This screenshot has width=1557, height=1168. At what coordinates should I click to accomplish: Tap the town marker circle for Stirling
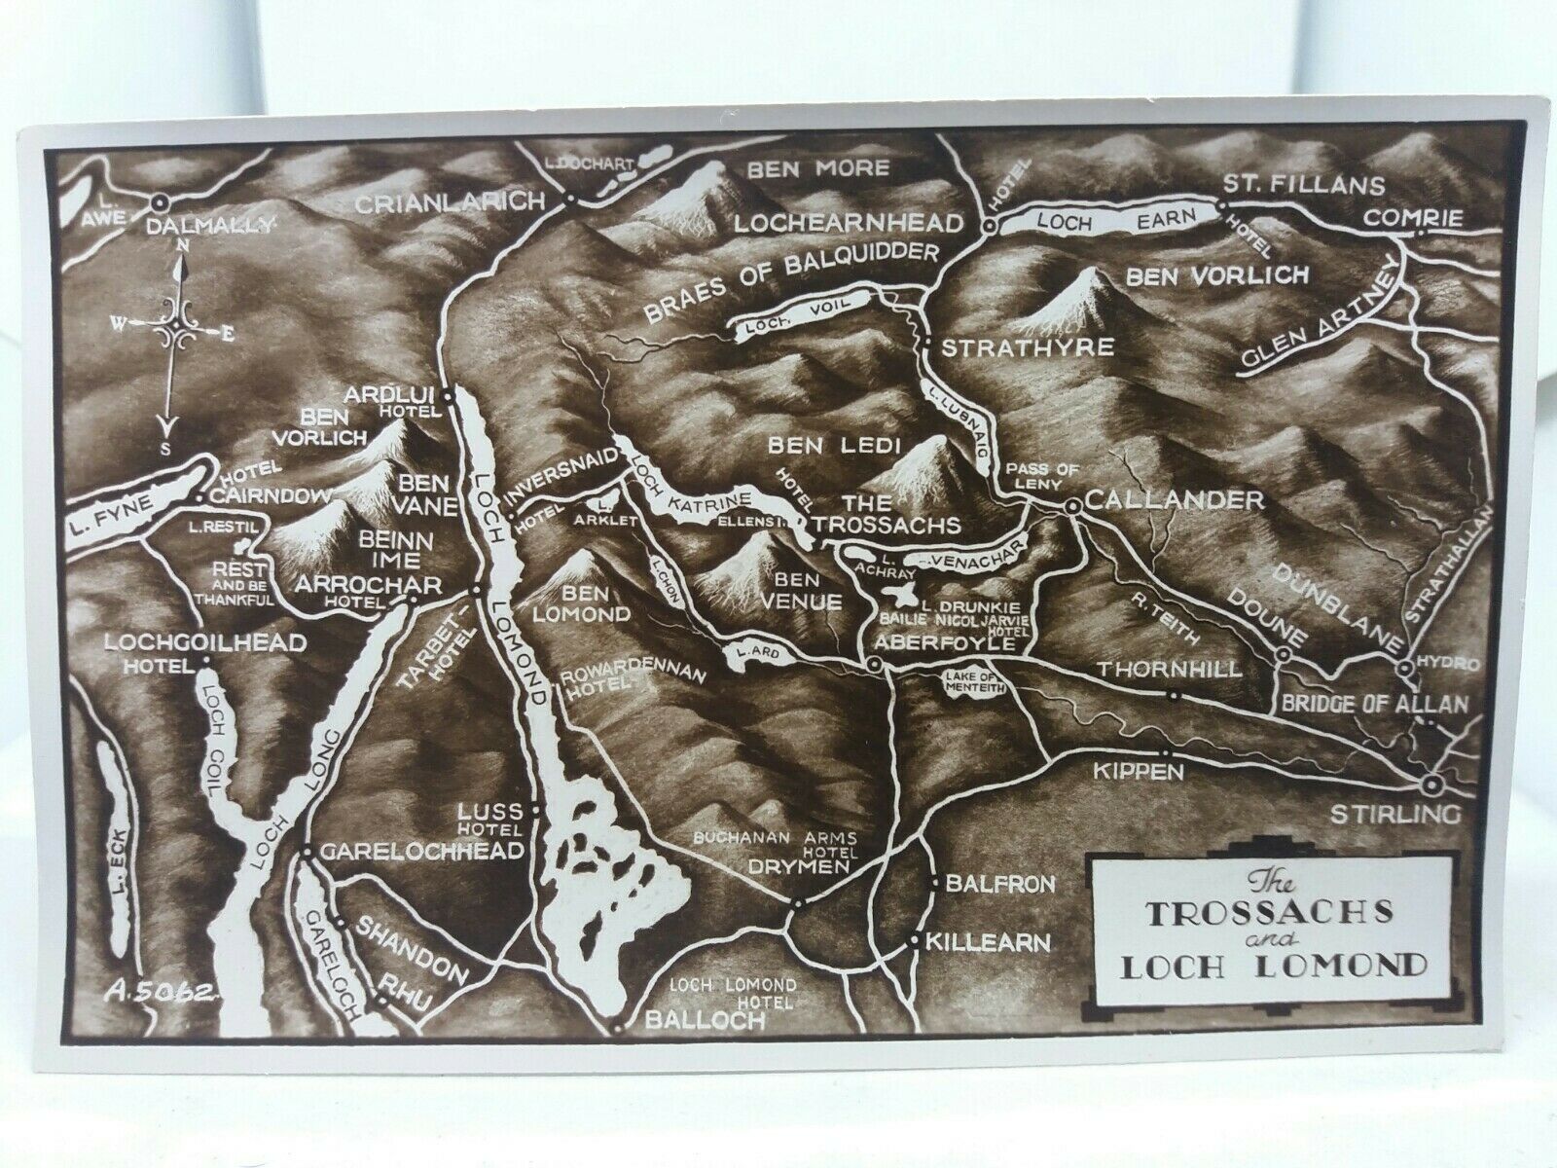(x=1431, y=785)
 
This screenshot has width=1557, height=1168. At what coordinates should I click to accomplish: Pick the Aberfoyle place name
(x=945, y=644)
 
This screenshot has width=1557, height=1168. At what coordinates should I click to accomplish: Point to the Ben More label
(x=817, y=170)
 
